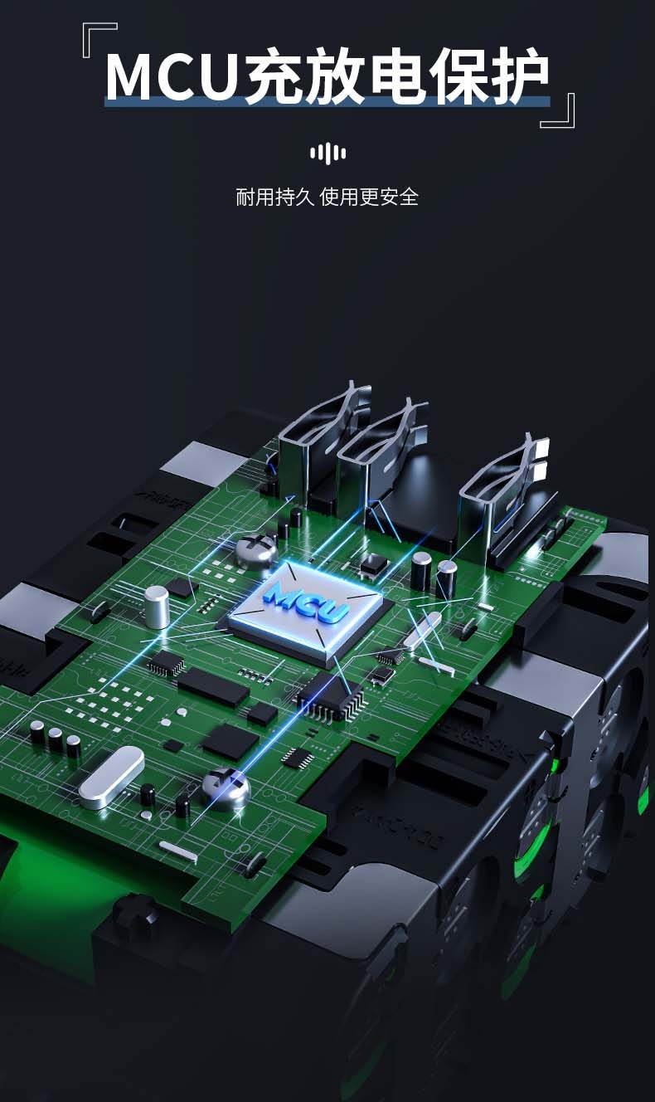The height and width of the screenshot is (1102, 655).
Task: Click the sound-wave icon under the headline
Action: (327, 154)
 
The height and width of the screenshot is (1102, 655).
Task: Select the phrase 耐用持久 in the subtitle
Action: (274, 197)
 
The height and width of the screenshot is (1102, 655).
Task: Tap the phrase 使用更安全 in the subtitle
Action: (369, 197)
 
